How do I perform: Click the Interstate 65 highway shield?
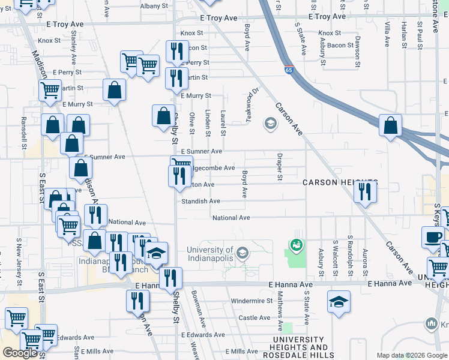(x=289, y=70)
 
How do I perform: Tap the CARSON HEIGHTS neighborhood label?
(x=340, y=182)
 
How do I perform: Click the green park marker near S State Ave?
(x=296, y=244)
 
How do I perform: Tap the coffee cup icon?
(x=433, y=236)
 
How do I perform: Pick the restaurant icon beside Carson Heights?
(x=365, y=191)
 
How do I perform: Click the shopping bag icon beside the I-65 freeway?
(x=391, y=126)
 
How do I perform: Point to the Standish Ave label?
(x=201, y=201)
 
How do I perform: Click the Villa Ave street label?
(x=388, y=34)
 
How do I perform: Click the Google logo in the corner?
(x=20, y=353)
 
